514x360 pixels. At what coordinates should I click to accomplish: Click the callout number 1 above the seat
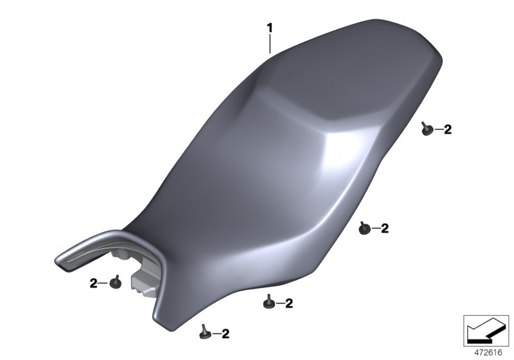point(270,28)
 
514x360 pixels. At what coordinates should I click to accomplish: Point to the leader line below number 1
point(270,44)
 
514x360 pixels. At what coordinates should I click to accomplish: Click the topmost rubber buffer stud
point(427,129)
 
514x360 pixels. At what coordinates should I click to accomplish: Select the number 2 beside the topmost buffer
point(448,129)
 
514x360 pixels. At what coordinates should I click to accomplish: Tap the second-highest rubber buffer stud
point(364,228)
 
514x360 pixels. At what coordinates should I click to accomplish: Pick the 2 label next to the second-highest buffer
point(385,228)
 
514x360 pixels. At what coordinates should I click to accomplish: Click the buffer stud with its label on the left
point(115,283)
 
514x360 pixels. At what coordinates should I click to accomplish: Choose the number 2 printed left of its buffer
point(93,283)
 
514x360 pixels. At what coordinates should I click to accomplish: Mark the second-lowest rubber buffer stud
point(269,302)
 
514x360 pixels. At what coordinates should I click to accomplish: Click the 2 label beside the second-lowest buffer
point(288,303)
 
